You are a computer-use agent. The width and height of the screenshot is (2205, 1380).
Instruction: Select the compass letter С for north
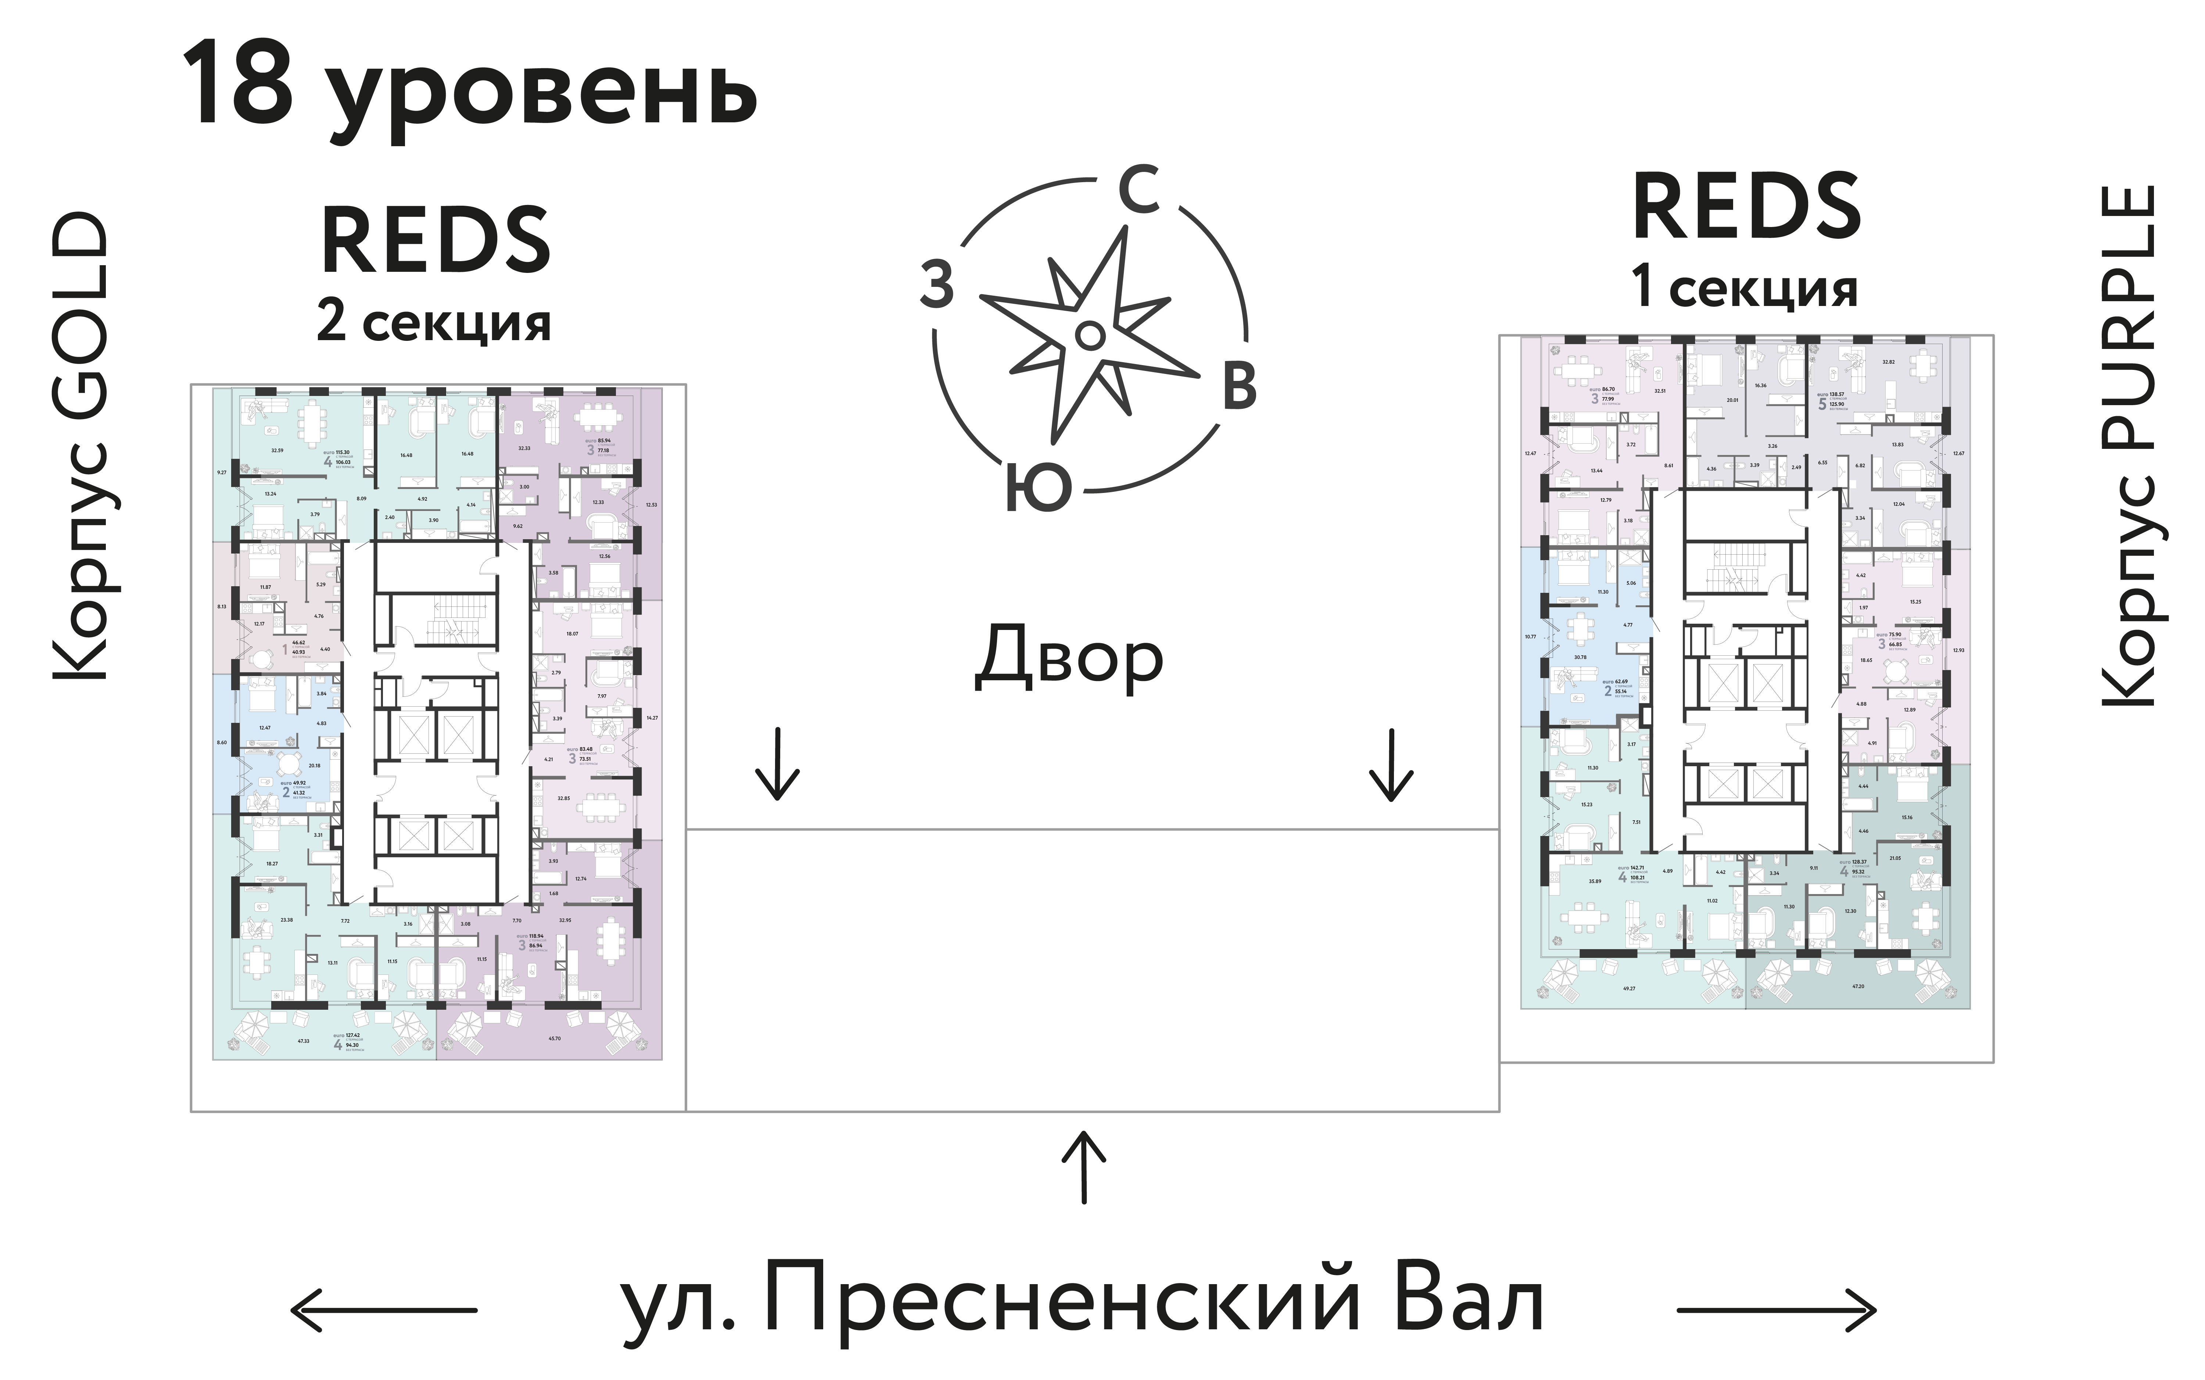1139,191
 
